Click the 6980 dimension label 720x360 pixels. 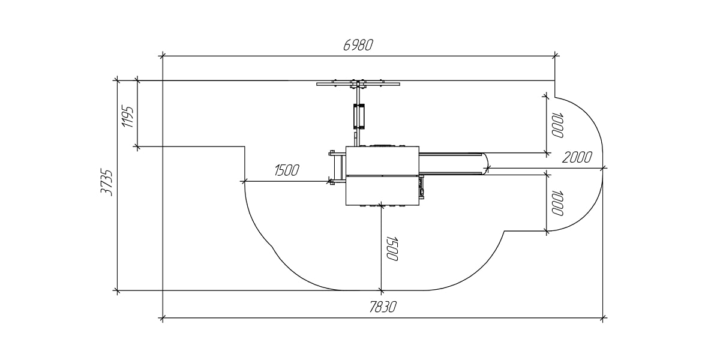click(358, 46)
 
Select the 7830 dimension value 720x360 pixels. click(383, 307)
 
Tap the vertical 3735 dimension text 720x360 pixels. click(107, 182)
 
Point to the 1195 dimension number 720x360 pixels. click(128, 116)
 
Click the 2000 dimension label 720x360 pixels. click(577, 157)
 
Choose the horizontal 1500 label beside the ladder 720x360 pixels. click(287, 170)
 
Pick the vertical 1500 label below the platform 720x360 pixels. click(392, 248)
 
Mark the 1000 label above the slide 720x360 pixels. click(557, 125)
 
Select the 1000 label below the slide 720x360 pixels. click(557, 203)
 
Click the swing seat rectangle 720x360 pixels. click(359, 116)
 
